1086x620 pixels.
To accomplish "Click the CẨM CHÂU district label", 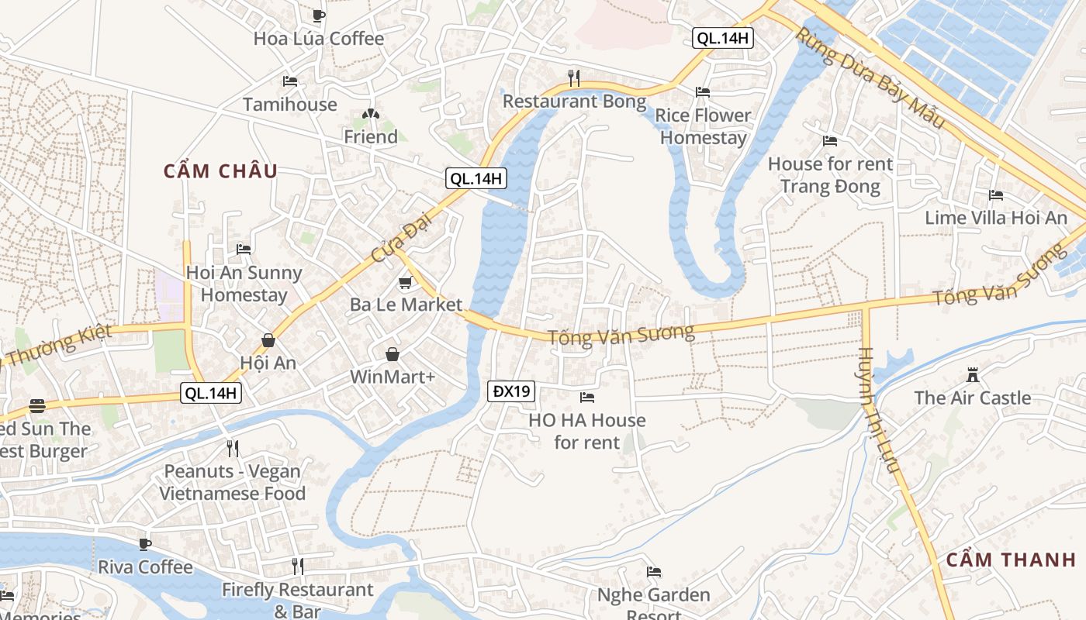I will [x=220, y=171].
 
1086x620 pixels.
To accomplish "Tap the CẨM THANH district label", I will [x=1011, y=560].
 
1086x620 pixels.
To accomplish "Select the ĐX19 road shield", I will [x=511, y=391].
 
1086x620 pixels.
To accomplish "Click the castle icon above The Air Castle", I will [x=972, y=376].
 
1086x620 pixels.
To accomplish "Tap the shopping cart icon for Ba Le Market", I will [x=405, y=283].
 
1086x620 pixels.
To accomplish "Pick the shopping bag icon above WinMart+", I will [x=393, y=355].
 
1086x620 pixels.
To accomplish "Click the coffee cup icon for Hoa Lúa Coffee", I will [x=318, y=15].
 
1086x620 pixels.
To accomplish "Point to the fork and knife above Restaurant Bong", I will [x=573, y=77].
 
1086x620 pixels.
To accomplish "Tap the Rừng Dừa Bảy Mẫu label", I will [x=870, y=77].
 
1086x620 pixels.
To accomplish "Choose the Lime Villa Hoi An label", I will [x=996, y=218].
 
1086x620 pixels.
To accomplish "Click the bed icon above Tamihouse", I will [x=289, y=81].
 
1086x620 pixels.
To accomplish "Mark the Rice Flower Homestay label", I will [x=703, y=126].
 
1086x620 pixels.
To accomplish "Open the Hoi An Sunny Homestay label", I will [x=244, y=284].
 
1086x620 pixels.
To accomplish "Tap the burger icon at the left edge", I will [x=36, y=406].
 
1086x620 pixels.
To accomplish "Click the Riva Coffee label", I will [x=145, y=567].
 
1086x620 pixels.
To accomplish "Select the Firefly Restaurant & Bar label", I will [x=297, y=600].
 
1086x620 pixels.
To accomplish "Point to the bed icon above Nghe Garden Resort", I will [x=654, y=573].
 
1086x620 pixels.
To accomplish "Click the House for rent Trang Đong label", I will [x=830, y=175].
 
